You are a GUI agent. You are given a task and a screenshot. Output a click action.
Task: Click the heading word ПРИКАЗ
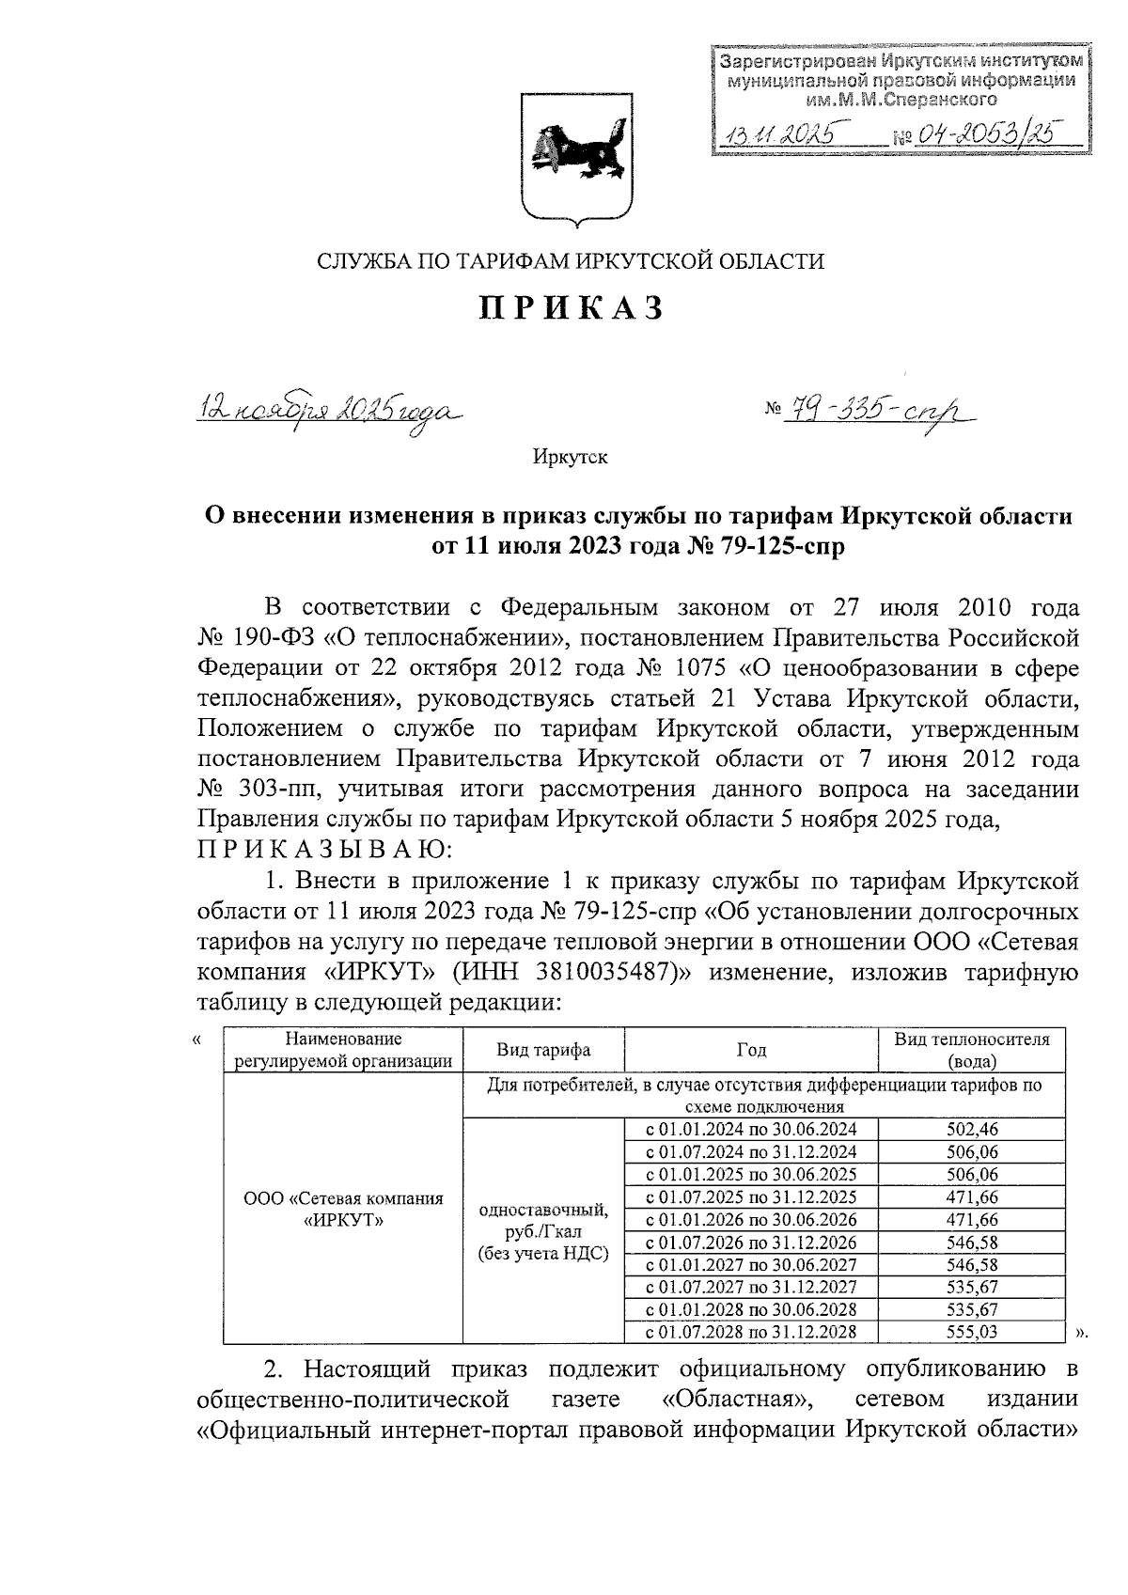(x=572, y=307)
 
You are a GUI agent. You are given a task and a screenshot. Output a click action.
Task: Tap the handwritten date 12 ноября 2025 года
(x=330, y=411)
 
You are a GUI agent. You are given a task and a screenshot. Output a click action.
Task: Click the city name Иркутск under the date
(x=570, y=458)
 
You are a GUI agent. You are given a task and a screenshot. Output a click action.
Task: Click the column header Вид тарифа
(x=543, y=1051)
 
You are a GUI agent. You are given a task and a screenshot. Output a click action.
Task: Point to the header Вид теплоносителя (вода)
(x=971, y=1051)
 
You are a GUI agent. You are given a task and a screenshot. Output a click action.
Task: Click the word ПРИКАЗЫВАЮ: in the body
(x=324, y=852)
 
